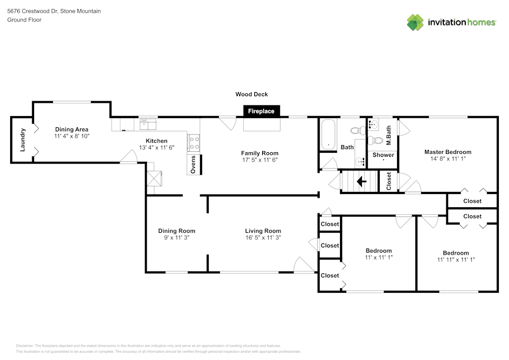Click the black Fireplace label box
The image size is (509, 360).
coord(261,111)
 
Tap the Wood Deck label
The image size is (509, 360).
coord(251,94)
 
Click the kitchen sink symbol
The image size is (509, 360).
coord(148,124)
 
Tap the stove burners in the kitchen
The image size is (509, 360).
coord(193,143)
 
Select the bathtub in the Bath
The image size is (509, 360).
coord(328,135)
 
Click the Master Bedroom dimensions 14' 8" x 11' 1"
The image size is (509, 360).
coord(448,159)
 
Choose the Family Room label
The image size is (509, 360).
coord(260,153)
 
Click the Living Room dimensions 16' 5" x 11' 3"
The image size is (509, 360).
coord(263,237)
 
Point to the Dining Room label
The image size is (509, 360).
coord(177,231)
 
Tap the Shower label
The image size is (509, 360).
coord(383,155)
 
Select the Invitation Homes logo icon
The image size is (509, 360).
coord(415,22)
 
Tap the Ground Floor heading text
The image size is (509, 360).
coord(24,20)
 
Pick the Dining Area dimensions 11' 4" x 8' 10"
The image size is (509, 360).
coord(72,136)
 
